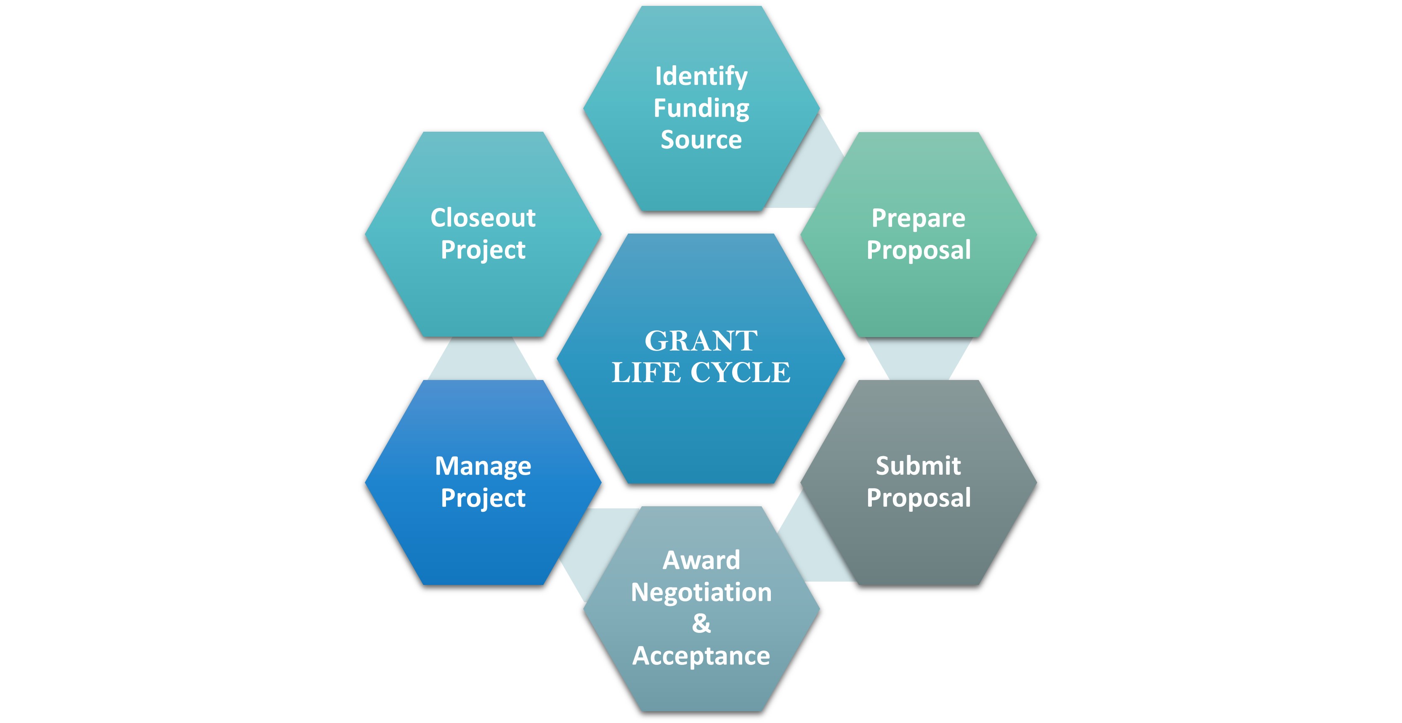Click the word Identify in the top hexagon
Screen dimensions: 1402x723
(701, 77)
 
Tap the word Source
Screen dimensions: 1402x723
(701, 140)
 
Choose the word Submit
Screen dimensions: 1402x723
(918, 466)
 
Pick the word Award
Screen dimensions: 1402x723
(701, 560)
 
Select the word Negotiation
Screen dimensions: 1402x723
(701, 593)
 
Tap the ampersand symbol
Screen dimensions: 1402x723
(701, 623)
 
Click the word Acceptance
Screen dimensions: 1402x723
(701, 656)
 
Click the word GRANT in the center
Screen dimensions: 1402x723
(701, 341)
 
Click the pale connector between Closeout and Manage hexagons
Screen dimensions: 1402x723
(482, 358)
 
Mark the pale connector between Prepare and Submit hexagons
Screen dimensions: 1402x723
(919, 358)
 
